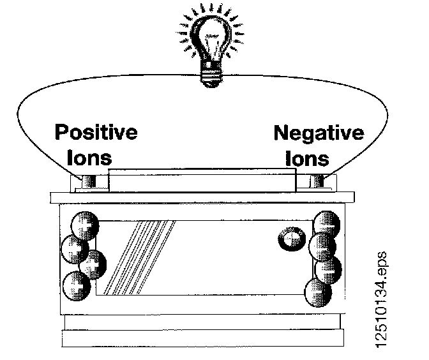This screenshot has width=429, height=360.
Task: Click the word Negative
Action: (x=319, y=133)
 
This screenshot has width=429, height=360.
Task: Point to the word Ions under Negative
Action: (x=306, y=158)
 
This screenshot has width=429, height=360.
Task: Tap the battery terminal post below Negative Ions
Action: (x=317, y=182)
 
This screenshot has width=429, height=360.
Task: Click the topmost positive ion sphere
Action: (x=85, y=223)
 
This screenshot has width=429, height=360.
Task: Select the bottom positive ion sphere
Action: (x=76, y=284)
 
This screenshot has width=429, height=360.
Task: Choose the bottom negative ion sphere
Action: (x=317, y=294)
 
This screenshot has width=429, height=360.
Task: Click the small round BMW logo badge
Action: (x=288, y=239)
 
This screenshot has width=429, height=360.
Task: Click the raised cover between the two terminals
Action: (x=203, y=181)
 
